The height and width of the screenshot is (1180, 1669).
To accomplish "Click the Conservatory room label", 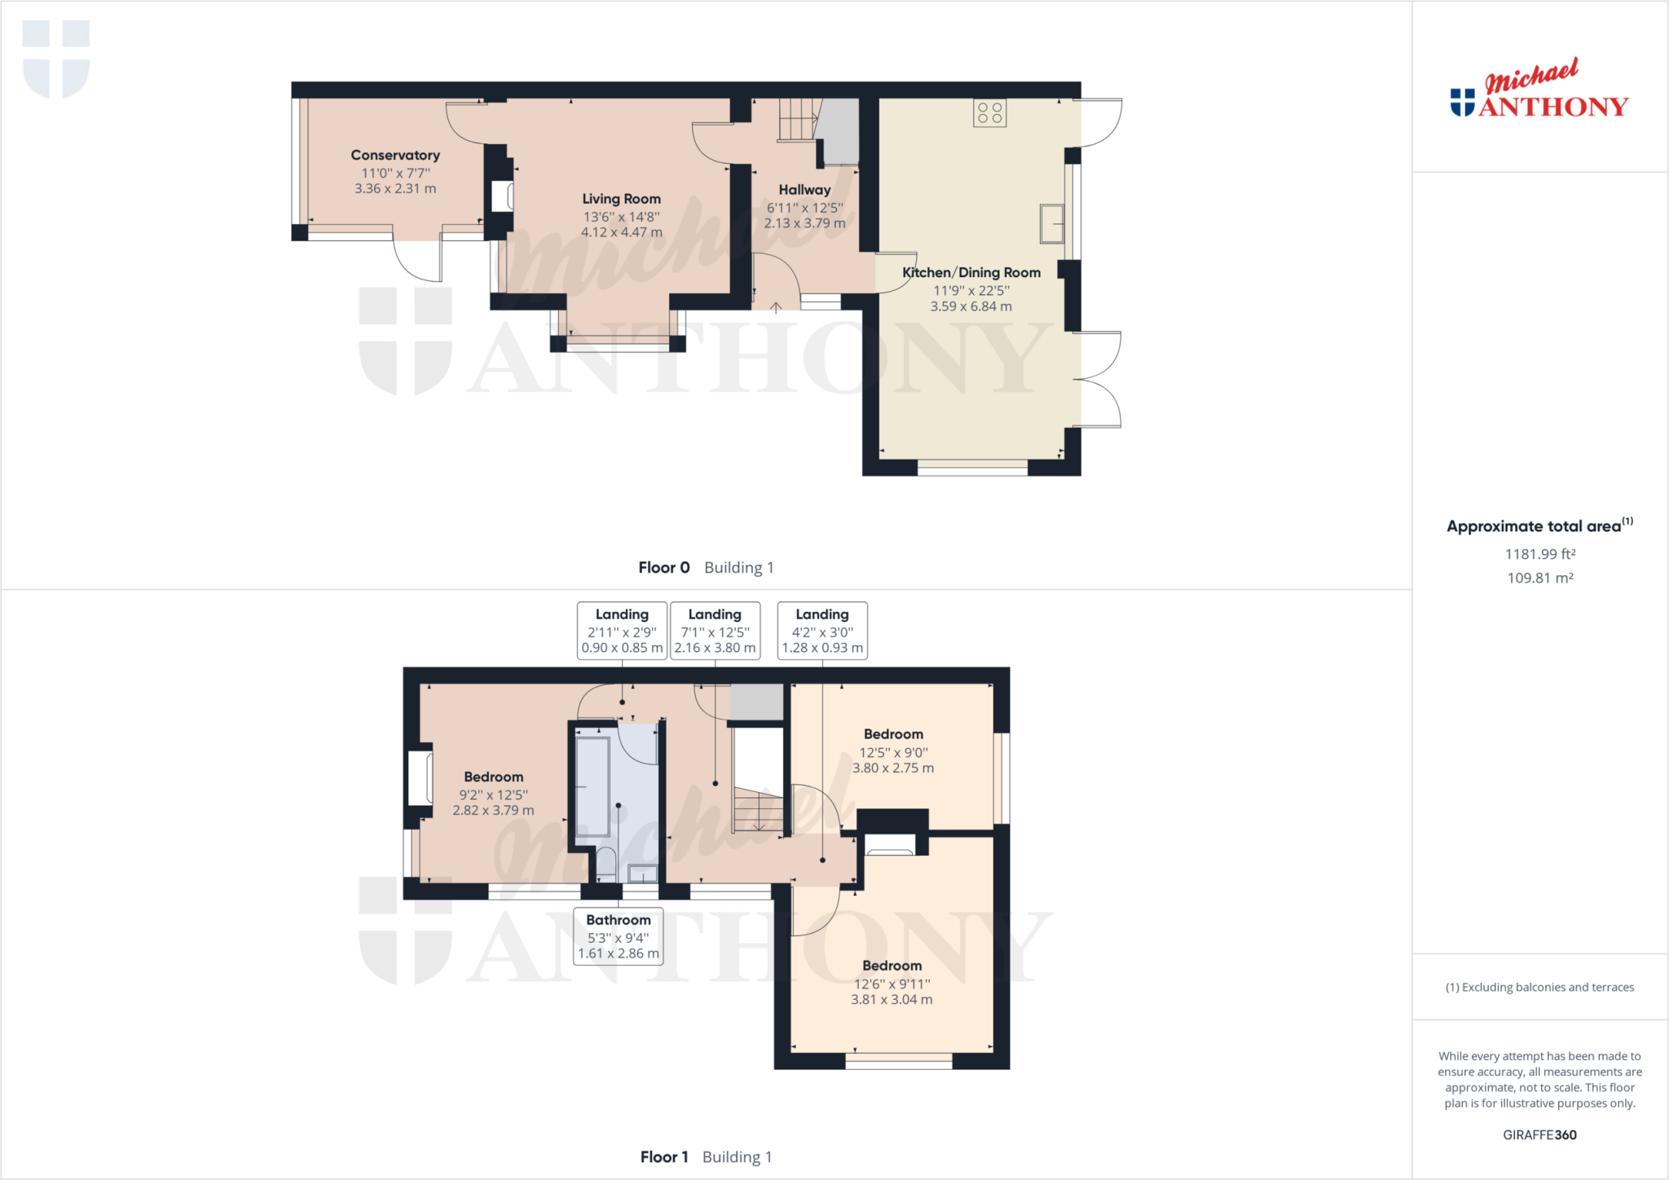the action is (395, 155).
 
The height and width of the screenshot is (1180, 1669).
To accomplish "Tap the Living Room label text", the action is (621, 199).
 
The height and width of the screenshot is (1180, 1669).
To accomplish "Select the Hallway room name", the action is (804, 190).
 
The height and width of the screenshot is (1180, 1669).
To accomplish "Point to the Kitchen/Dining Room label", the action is (971, 272).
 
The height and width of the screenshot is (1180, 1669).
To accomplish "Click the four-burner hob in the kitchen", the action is (989, 113).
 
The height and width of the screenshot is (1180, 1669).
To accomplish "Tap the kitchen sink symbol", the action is (1052, 223).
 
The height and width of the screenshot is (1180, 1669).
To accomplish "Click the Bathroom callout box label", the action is (619, 936).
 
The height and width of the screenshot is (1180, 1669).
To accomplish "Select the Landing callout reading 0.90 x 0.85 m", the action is (622, 631).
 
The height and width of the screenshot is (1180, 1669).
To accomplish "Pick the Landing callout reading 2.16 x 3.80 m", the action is (715, 631).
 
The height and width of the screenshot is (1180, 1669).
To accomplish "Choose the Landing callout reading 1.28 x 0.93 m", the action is (822, 631).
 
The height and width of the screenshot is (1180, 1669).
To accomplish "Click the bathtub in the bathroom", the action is (592, 786).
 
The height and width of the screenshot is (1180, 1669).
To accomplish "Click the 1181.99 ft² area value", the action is (1540, 554).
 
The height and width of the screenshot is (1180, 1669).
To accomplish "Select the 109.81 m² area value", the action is (1540, 578).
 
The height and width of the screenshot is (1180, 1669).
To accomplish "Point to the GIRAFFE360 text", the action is (1540, 1134).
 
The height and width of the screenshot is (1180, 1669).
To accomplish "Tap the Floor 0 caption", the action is (706, 567).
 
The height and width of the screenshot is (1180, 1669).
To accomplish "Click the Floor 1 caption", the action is (706, 1156).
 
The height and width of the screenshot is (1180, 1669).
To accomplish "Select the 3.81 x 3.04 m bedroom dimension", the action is (892, 999).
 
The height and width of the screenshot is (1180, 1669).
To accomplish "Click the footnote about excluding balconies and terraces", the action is (1540, 987).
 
